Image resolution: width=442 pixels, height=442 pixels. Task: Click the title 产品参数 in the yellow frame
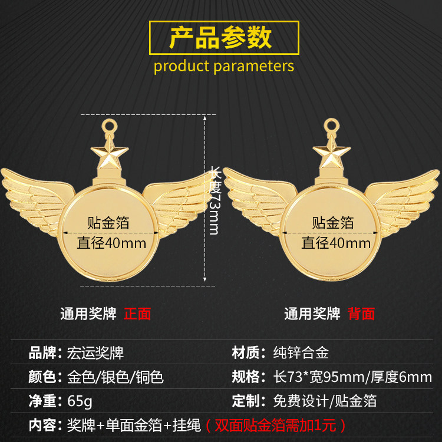pos(220,37)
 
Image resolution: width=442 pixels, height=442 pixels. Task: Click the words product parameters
pos(223,65)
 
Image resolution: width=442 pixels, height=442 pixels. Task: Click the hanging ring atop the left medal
pos(109,125)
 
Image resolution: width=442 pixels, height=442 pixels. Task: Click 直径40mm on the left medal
pos(112,243)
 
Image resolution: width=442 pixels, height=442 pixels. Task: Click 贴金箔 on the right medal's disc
pos(333,223)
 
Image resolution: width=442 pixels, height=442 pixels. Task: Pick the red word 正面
pos(137,314)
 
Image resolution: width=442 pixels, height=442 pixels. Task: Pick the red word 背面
pos(361,314)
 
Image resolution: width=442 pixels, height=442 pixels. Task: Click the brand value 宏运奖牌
pos(95,353)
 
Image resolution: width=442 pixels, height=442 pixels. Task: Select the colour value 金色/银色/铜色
pos(115,377)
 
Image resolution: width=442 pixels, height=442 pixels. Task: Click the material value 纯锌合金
pos(301,353)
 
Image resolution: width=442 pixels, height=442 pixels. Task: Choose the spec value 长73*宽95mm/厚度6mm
pos(353,377)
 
